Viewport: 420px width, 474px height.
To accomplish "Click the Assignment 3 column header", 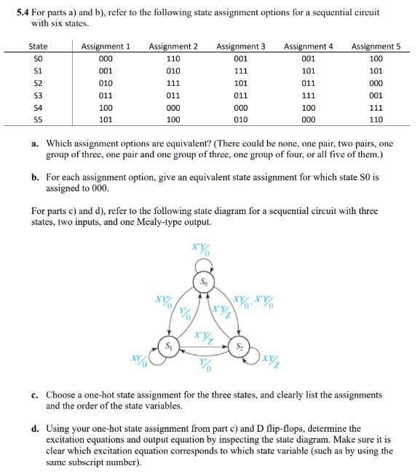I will (241, 47).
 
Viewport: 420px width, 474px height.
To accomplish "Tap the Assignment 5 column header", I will (376, 47).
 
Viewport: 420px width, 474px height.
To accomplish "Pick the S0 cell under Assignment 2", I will (173, 59).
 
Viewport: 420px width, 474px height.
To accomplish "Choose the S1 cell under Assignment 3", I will (241, 71).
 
